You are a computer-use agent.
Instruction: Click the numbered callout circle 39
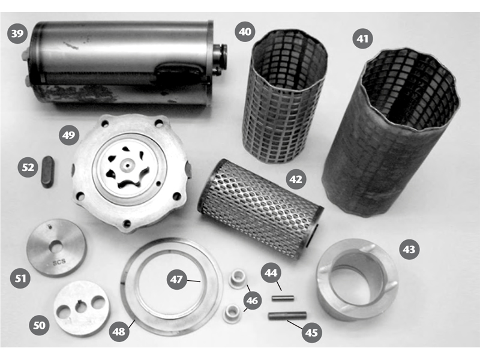click(17, 33)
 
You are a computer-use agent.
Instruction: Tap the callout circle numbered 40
click(245, 32)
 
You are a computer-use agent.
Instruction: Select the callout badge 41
click(363, 38)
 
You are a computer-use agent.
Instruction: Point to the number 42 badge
click(296, 179)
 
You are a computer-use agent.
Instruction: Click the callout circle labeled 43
click(410, 250)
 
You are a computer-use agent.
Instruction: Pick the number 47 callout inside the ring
click(176, 280)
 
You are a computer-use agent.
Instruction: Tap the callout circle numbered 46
click(252, 301)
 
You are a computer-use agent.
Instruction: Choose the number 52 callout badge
click(28, 167)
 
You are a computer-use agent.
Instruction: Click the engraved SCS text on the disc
click(59, 262)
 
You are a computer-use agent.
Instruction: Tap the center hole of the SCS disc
click(56, 247)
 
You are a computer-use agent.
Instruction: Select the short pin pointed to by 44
click(283, 298)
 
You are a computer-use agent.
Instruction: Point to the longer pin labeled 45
click(287, 316)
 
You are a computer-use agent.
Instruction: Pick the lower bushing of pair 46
click(232, 313)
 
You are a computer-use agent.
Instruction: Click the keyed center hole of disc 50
click(81, 307)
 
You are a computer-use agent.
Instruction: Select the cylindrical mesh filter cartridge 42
click(260, 209)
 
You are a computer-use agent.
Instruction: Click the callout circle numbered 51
click(20, 278)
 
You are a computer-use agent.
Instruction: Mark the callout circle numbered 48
click(119, 331)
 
